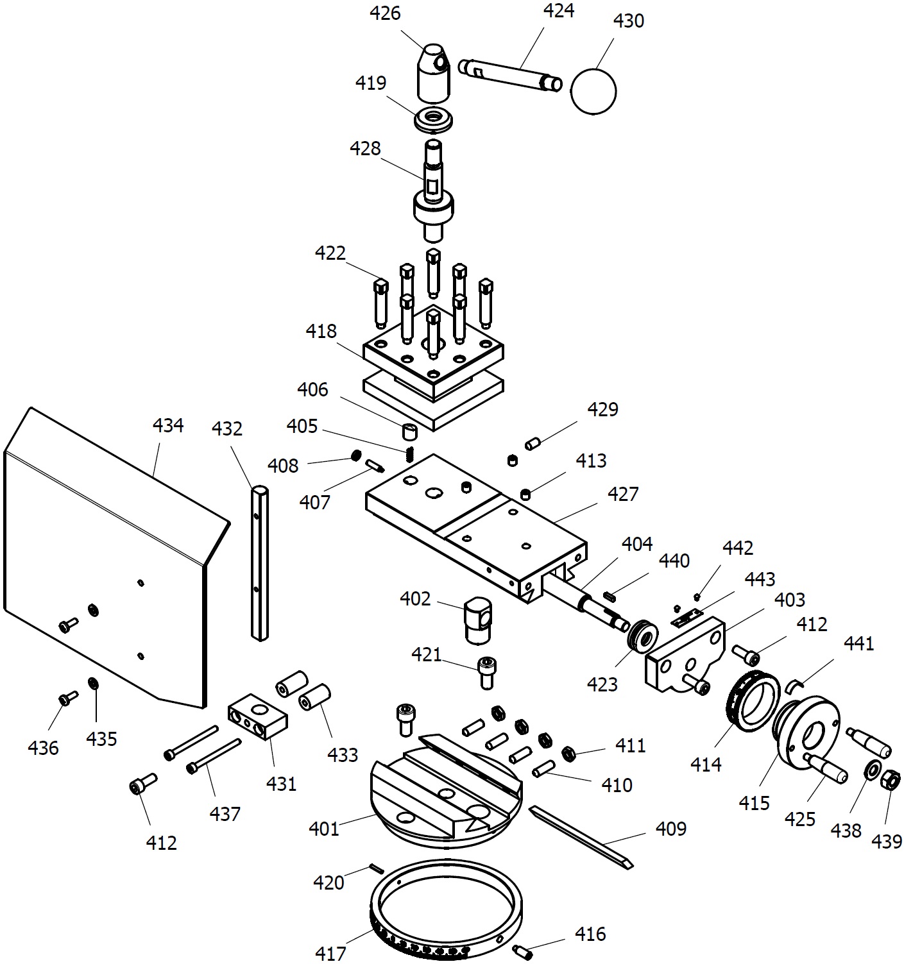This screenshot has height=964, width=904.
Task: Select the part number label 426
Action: (385, 13)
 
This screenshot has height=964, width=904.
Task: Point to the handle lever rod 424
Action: (509, 75)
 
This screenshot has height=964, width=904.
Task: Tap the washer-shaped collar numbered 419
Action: (433, 119)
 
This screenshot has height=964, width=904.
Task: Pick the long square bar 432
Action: (260, 563)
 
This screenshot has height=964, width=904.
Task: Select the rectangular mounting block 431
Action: (257, 716)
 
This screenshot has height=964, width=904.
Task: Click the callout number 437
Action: (225, 814)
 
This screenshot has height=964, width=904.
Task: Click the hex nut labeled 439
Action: (890, 780)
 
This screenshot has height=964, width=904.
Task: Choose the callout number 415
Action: (755, 803)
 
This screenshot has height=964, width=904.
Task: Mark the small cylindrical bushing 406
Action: (410, 431)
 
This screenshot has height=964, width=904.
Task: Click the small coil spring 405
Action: (410, 454)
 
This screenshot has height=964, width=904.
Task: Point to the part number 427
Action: (623, 494)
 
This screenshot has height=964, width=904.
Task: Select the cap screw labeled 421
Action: (487, 673)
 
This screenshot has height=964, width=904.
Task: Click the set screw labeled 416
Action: (523, 952)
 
